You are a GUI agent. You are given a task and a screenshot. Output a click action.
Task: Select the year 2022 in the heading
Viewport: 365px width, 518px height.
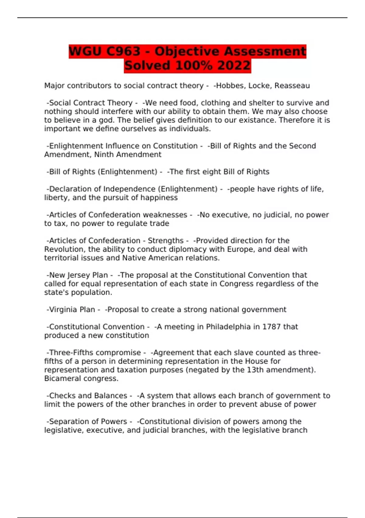[x=234, y=66]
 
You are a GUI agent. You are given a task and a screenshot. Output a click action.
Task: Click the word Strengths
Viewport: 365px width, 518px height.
[x=166, y=241]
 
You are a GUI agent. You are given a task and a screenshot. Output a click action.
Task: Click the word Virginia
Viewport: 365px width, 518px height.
[x=64, y=310]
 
